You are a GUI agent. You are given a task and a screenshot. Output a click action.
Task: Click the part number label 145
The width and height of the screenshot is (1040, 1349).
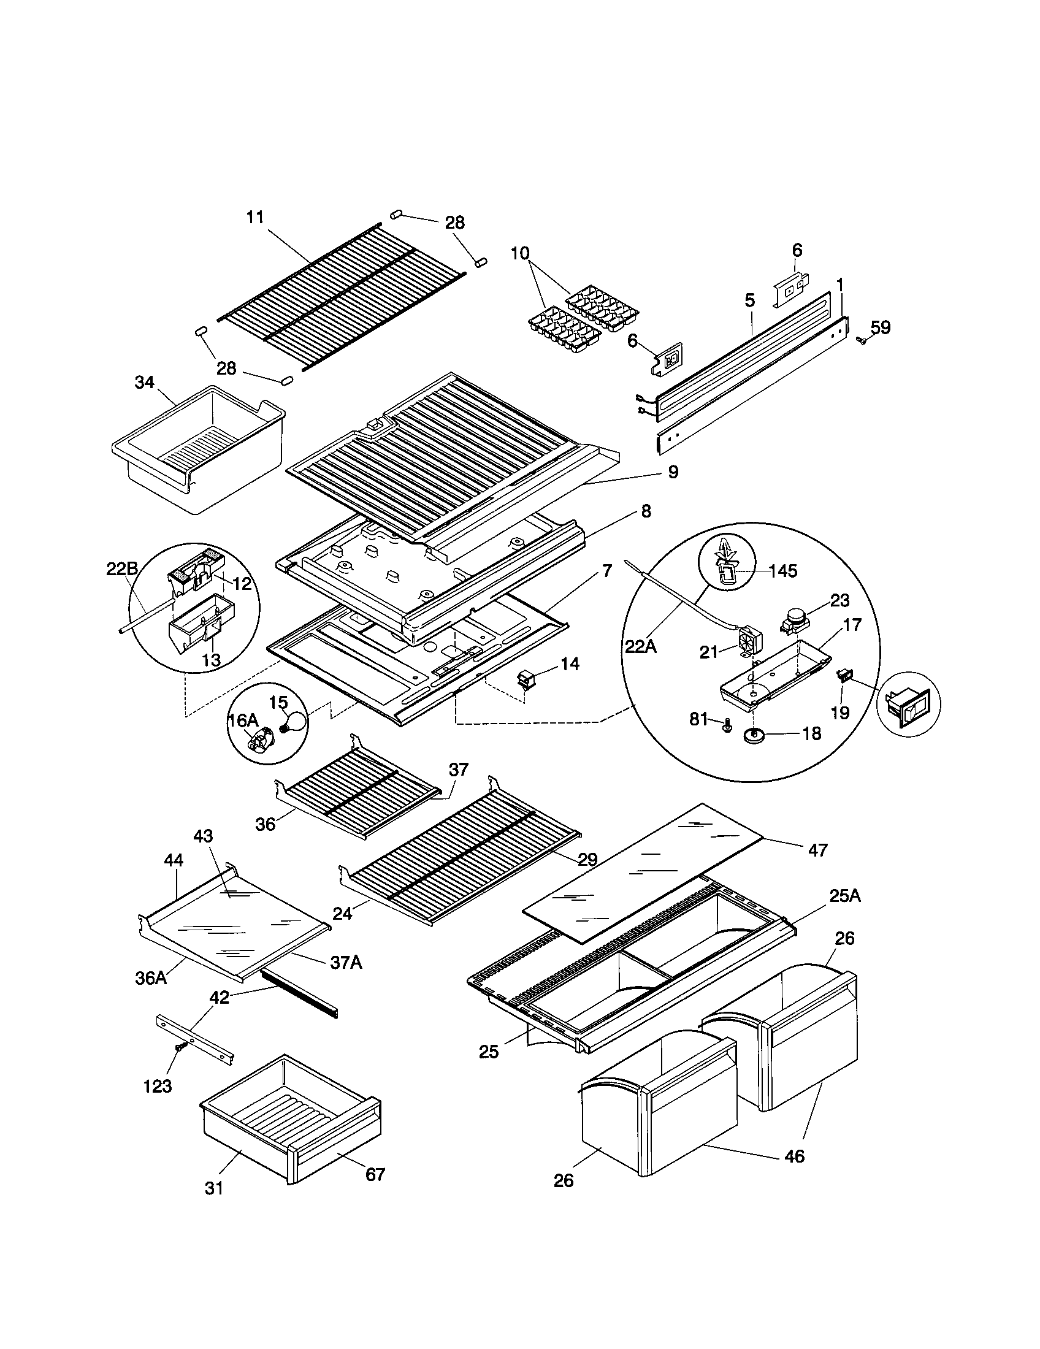pos(784,570)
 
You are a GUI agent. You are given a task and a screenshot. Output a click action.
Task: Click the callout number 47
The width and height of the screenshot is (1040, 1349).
pos(817,850)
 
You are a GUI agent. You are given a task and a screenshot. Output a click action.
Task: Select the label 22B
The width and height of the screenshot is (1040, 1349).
pos(121,569)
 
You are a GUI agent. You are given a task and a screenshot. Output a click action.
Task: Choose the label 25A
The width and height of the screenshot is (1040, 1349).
pos(844,896)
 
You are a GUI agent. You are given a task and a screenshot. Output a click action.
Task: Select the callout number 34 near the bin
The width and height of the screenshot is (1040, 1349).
pos(145,383)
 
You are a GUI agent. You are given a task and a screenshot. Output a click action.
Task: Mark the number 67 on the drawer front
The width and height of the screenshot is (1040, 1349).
pos(375,1174)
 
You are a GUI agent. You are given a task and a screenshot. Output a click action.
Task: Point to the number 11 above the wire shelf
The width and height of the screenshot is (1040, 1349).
pos(255,217)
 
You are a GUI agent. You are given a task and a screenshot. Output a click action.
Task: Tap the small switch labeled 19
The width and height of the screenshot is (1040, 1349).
pos(843,676)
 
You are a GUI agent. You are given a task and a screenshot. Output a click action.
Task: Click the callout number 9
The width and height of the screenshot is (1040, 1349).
pos(673,473)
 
